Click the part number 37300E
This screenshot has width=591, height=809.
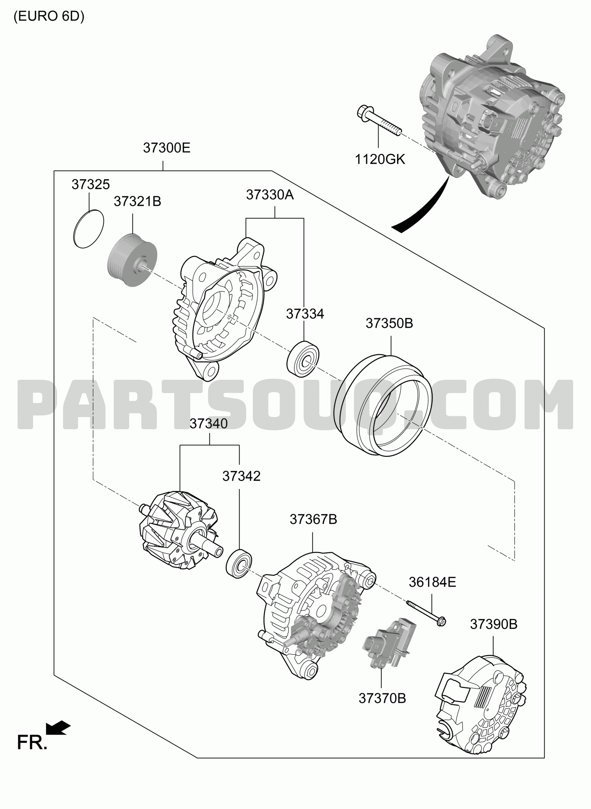[x=167, y=148]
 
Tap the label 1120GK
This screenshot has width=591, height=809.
[x=380, y=159]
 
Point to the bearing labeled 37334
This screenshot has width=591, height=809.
[x=303, y=359]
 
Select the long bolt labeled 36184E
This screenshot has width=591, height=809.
[x=426, y=613]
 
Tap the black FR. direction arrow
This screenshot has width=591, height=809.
[x=58, y=728]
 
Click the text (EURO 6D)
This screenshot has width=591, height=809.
[x=49, y=17]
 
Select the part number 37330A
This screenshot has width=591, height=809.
[x=270, y=195]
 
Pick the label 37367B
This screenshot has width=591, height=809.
[x=314, y=519]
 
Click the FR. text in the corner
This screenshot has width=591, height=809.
[x=32, y=743]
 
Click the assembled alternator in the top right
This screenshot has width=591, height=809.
[x=492, y=116]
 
